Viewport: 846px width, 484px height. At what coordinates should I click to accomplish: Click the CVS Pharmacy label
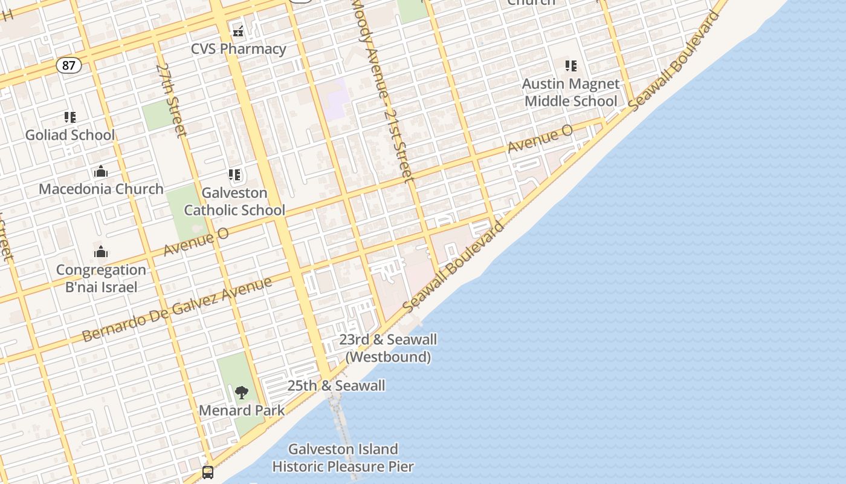pyautogui.click(x=238, y=49)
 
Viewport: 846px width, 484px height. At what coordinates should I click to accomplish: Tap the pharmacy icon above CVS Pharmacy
pyautogui.click(x=238, y=31)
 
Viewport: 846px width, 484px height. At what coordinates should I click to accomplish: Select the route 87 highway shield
pyautogui.click(x=69, y=65)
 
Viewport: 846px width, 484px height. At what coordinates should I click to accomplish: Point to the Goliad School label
pyautogui.click(x=69, y=135)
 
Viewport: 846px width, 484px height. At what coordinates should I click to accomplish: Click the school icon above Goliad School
pyautogui.click(x=70, y=117)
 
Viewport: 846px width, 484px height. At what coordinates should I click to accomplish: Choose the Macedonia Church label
pyautogui.click(x=101, y=189)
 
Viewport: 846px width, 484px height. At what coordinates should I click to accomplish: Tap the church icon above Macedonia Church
pyautogui.click(x=101, y=172)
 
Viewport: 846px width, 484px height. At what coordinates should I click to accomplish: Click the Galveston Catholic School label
pyautogui.click(x=234, y=201)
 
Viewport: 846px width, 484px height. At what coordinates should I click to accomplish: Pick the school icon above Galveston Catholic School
pyautogui.click(x=234, y=175)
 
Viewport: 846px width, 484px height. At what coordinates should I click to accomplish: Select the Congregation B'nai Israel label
pyautogui.click(x=101, y=278)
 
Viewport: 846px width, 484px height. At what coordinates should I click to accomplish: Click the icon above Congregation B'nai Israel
pyautogui.click(x=101, y=252)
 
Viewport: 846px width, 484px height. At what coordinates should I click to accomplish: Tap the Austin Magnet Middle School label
pyautogui.click(x=571, y=93)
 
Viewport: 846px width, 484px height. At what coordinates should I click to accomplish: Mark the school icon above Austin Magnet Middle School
pyautogui.click(x=571, y=66)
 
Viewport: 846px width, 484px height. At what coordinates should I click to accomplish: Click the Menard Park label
pyautogui.click(x=242, y=410)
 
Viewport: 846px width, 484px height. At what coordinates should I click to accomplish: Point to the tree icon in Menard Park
pyautogui.click(x=242, y=393)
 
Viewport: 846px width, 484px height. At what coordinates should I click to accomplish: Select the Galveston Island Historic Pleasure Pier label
pyautogui.click(x=343, y=458)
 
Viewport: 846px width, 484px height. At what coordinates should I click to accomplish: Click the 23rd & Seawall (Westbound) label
pyautogui.click(x=388, y=348)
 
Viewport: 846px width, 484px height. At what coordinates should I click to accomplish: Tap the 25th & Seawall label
pyautogui.click(x=336, y=385)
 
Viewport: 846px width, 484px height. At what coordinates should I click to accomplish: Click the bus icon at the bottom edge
pyautogui.click(x=208, y=473)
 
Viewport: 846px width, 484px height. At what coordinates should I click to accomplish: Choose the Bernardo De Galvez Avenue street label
pyautogui.click(x=176, y=309)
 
